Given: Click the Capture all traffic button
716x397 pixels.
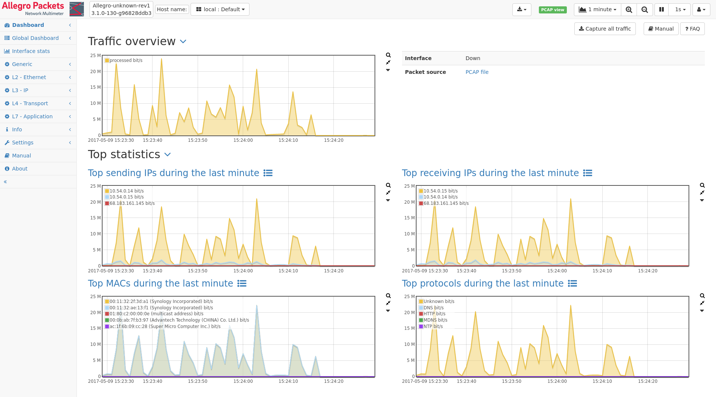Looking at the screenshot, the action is point(605,29).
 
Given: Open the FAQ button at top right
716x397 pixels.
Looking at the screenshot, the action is point(693,29).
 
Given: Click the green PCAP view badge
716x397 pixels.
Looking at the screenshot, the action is point(553,10).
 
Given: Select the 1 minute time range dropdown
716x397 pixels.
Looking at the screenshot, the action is point(597,9).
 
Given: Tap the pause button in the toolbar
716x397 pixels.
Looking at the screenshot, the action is point(662,9).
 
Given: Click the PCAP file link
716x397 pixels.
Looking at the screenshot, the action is point(477,72).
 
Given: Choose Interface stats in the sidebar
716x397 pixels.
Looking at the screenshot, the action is point(31,51).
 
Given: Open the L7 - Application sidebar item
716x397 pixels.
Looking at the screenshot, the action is point(32,116).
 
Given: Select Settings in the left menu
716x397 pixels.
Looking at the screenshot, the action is point(22,143).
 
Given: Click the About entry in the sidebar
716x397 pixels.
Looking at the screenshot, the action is point(19,169).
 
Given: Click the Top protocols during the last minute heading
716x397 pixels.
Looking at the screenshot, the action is point(483,284).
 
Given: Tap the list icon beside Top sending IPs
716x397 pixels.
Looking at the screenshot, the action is point(268,173).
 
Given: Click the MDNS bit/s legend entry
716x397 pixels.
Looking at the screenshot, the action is point(433,320).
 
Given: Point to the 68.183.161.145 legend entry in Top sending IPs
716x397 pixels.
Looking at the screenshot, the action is point(130,203).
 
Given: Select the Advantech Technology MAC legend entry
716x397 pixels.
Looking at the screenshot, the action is point(177,320).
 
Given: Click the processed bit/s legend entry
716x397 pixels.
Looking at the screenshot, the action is point(123,60).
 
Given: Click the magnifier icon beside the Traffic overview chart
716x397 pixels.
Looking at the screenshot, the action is point(388,55).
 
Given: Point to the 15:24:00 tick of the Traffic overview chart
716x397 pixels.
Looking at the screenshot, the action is point(243,140).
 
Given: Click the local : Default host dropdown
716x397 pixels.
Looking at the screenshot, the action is point(220,9).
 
